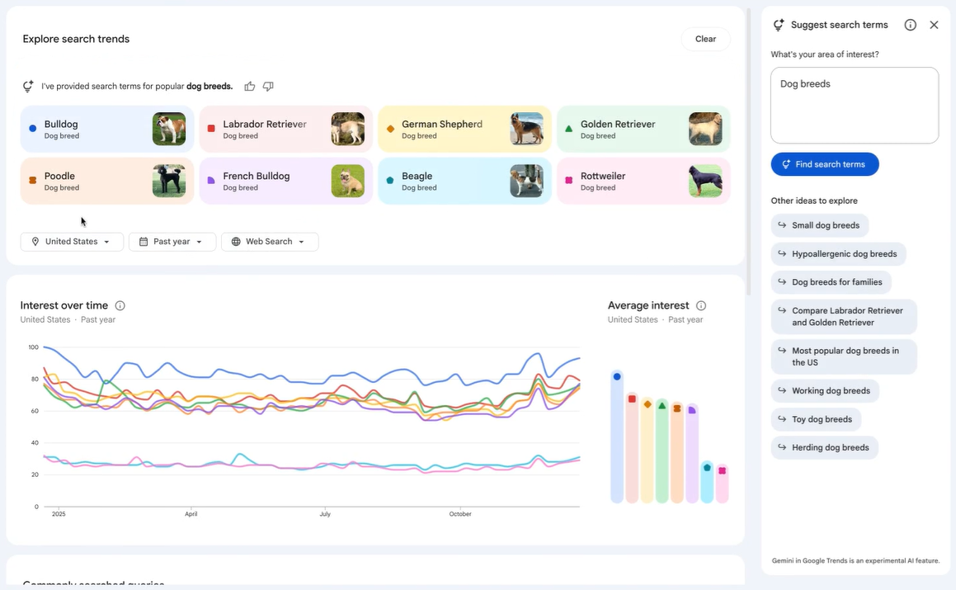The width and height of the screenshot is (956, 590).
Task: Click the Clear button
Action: click(x=705, y=39)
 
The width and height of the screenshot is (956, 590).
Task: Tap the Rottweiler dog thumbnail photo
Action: click(x=705, y=181)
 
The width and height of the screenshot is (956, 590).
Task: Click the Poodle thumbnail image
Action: click(x=169, y=181)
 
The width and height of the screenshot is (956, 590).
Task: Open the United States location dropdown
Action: click(x=72, y=242)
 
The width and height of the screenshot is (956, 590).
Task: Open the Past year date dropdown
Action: click(x=172, y=242)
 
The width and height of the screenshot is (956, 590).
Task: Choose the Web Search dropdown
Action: click(x=270, y=242)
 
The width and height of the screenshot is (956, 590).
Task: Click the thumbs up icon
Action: click(x=250, y=87)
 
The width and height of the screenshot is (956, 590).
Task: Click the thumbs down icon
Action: click(x=268, y=87)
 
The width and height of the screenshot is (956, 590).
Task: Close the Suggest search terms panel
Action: click(x=934, y=25)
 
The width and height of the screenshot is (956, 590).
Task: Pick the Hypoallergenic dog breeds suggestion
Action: click(x=838, y=254)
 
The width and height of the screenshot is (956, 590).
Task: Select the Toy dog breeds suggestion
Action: click(x=816, y=419)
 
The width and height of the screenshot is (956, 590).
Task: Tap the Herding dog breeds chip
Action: click(x=824, y=447)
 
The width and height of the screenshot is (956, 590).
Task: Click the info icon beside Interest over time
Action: click(x=120, y=305)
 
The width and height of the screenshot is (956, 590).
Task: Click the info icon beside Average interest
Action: click(x=701, y=305)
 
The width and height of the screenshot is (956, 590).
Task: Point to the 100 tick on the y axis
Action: click(x=33, y=347)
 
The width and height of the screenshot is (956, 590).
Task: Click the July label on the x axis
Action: click(x=325, y=514)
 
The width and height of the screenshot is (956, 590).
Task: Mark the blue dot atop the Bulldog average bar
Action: click(x=617, y=376)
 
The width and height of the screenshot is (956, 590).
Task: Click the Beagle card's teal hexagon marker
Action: click(x=390, y=181)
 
